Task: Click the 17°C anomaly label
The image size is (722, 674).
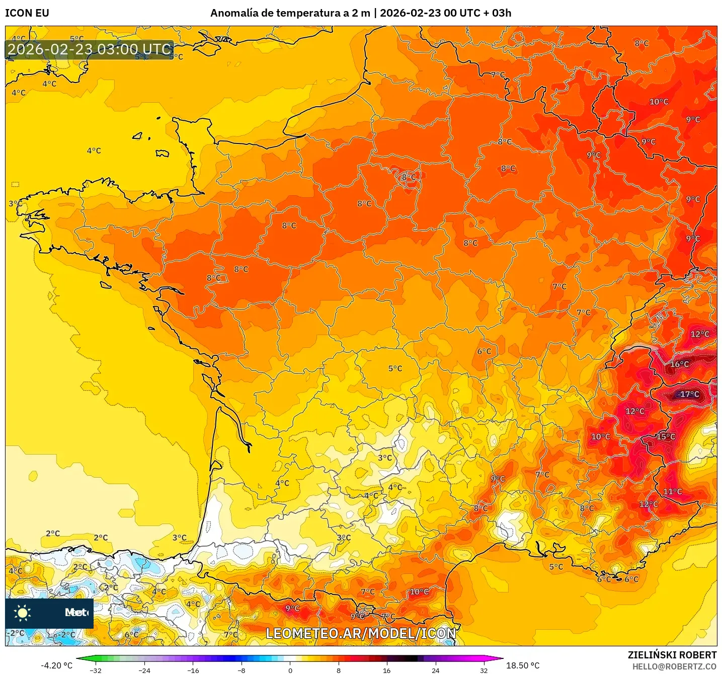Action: pyautogui.click(x=689, y=394)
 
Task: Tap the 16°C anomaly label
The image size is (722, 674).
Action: pyautogui.click(x=679, y=364)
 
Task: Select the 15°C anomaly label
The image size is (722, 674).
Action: pyautogui.click(x=666, y=436)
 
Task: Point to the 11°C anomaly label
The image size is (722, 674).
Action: pyautogui.click(x=673, y=492)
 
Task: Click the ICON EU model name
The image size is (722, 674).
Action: pyautogui.click(x=27, y=13)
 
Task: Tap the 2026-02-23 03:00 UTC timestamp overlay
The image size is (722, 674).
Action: pyautogui.click(x=90, y=49)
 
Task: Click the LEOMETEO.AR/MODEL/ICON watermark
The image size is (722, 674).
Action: pyautogui.click(x=361, y=633)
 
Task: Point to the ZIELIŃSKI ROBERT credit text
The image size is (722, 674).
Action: pyautogui.click(x=672, y=655)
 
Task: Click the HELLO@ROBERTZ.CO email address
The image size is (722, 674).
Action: pyautogui.click(x=674, y=666)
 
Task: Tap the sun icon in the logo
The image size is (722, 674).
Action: pyautogui.click(x=23, y=613)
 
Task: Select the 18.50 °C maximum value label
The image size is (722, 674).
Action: pyautogui.click(x=523, y=665)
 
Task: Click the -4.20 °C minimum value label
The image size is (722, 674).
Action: pyautogui.click(x=56, y=665)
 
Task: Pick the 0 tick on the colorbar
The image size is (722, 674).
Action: pyautogui.click(x=290, y=670)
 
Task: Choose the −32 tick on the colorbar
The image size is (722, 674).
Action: pyautogui.click(x=96, y=670)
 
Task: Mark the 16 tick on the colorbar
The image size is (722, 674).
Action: pyautogui.click(x=386, y=670)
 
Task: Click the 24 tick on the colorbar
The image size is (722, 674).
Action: pyautogui.click(x=435, y=670)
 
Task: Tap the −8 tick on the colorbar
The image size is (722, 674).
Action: pyautogui.click(x=242, y=670)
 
